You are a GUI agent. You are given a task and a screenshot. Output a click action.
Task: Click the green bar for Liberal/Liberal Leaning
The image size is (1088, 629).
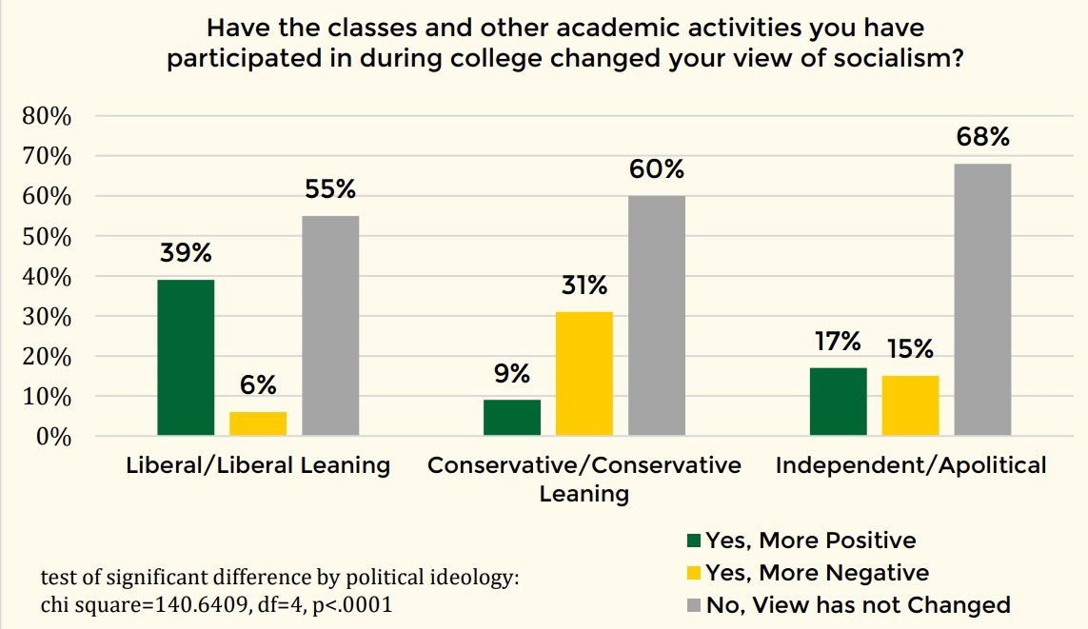click(x=186, y=358)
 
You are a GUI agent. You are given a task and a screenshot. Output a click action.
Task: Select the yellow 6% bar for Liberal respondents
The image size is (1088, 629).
click(x=258, y=423)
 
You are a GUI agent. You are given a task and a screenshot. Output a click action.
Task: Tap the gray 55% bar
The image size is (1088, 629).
click(x=330, y=325)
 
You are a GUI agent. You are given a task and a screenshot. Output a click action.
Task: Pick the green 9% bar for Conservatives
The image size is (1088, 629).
click(x=512, y=418)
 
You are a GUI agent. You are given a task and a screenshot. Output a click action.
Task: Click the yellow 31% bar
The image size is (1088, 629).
click(x=584, y=373)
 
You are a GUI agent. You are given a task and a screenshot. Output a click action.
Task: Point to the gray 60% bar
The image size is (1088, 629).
click(x=657, y=316)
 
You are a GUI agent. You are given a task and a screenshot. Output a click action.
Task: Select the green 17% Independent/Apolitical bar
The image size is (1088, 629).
click(x=839, y=402)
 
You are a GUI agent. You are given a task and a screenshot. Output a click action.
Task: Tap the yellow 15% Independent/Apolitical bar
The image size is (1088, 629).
click(x=911, y=405)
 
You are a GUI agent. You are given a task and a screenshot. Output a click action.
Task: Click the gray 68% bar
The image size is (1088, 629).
click(x=983, y=300)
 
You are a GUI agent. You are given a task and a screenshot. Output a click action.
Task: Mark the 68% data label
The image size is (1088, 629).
click(x=983, y=138)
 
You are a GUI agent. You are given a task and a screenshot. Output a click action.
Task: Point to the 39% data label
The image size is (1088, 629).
click(x=186, y=254)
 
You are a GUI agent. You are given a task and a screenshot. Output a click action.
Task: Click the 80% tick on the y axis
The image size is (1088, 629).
click(x=47, y=116)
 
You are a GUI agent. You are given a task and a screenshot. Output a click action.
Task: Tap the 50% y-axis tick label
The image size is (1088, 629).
click(x=47, y=236)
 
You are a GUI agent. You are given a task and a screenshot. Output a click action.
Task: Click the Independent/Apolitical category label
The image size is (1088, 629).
click(x=911, y=465)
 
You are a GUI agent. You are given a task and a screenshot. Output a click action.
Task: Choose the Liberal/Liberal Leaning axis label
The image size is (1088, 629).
click(x=258, y=465)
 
